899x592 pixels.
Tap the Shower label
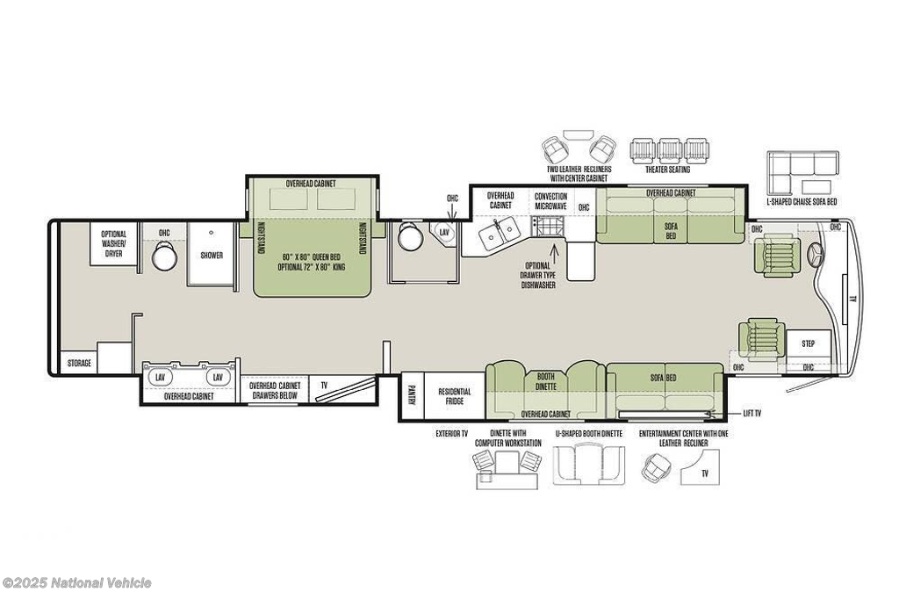(212, 256)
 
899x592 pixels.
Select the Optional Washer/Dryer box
(113, 244)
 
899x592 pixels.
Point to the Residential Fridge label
(455, 396)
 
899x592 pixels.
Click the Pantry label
(412, 395)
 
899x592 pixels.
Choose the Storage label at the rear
(79, 363)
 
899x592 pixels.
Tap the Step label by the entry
(808, 343)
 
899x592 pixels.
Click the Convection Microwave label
(550, 201)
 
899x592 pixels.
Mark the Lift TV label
(752, 413)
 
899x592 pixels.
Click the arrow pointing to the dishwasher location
(555, 252)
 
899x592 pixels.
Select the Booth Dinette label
(546, 381)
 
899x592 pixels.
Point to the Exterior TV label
(451, 434)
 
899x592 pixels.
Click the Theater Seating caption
(668, 170)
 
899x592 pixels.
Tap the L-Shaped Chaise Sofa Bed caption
(802, 201)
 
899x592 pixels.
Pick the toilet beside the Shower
(164, 255)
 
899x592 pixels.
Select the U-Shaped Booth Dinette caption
(588, 434)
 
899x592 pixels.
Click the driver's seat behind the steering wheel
(776, 254)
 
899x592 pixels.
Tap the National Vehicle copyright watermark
(76, 583)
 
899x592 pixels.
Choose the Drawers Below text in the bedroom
(275, 395)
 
